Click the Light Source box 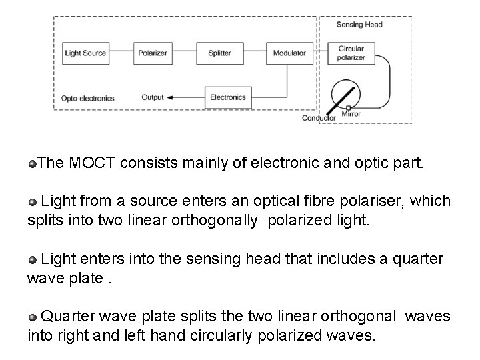(85, 53)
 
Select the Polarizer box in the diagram (153, 53)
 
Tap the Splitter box (219, 53)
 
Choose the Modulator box (290, 53)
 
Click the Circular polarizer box (351, 53)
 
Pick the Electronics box (228, 97)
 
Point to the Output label (153, 97)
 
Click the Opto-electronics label (88, 98)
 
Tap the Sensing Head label (361, 25)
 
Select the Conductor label (319, 118)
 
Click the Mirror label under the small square (351, 114)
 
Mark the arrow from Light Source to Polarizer (120, 53)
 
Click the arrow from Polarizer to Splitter (186, 53)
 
